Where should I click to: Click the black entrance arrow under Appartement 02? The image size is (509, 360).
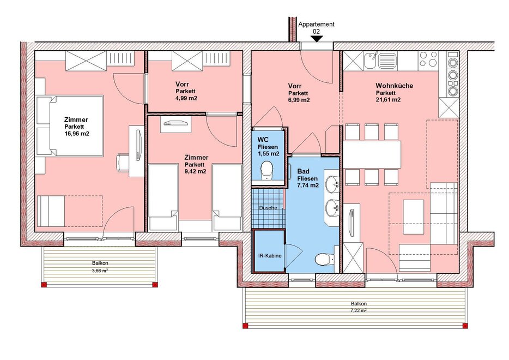[x=317, y=39]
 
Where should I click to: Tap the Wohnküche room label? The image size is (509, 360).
[x=395, y=86]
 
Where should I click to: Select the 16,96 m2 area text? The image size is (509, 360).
[x=77, y=133]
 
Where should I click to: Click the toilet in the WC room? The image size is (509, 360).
[x=267, y=170]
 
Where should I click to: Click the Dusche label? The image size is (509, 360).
[x=268, y=208]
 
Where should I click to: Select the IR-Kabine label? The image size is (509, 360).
[x=270, y=256]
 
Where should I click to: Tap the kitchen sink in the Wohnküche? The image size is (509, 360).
[x=380, y=61]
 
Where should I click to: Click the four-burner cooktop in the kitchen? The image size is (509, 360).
[x=428, y=59]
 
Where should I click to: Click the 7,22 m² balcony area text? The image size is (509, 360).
[x=359, y=310]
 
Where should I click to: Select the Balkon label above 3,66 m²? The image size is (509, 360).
[x=100, y=263]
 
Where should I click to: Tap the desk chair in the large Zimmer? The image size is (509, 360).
[x=122, y=163]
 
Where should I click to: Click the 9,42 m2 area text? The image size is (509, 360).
[x=195, y=171]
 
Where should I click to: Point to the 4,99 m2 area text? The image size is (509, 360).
[x=186, y=98]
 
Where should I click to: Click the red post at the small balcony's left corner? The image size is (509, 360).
[x=44, y=285]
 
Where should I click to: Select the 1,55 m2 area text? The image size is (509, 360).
[x=269, y=154]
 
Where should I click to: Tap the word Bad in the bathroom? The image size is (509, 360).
[x=303, y=171]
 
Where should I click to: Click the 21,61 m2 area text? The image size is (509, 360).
[x=388, y=100]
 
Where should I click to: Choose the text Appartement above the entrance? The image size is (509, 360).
[x=316, y=24]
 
